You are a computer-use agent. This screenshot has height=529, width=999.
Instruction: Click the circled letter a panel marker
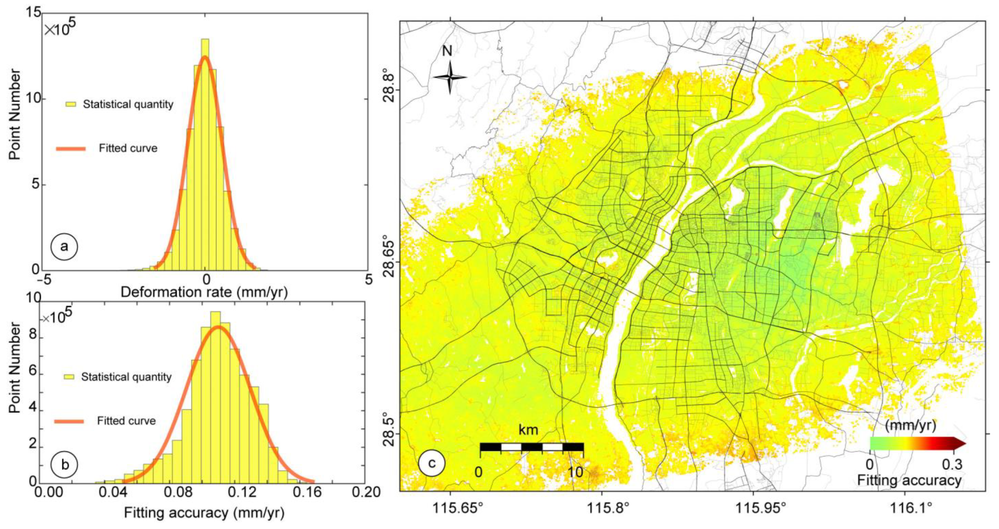point(64,247)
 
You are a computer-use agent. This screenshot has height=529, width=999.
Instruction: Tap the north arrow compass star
point(449,77)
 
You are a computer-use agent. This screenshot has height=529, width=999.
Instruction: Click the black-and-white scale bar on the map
point(531,447)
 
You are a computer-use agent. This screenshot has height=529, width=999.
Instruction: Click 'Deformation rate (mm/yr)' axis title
point(204,292)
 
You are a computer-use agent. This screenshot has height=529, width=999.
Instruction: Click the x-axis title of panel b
point(204,513)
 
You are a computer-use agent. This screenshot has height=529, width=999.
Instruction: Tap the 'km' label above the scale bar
point(528,430)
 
